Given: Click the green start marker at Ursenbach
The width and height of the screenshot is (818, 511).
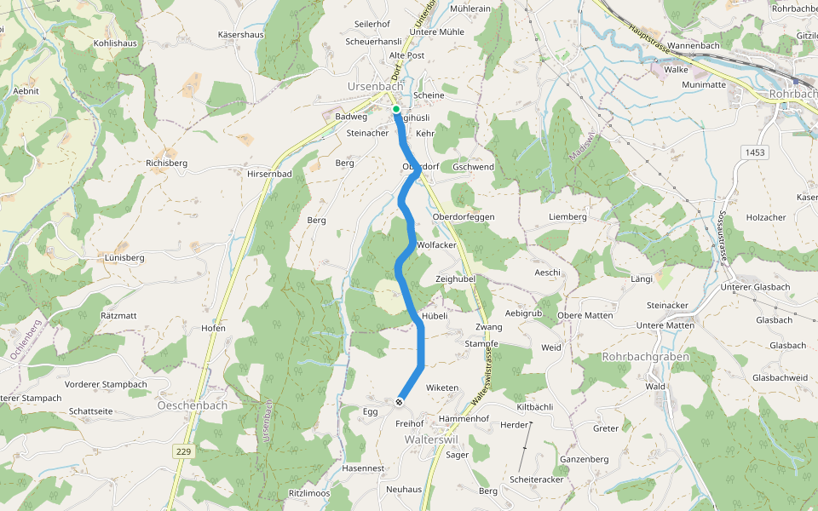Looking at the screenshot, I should [396, 109].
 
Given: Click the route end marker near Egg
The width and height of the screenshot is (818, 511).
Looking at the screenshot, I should [399, 400].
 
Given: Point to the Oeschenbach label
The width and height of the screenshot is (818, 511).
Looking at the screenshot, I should [193, 405].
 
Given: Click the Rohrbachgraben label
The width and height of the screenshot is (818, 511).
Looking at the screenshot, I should [645, 357].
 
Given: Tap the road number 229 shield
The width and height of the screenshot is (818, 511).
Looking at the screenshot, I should [183, 450].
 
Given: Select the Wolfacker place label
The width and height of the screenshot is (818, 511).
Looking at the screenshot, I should [437, 245].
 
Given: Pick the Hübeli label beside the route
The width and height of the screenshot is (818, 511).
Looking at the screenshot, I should [435, 315].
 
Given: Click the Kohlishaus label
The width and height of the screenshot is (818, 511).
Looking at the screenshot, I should [115, 43].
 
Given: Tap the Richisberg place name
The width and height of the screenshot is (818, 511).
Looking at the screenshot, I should [166, 162].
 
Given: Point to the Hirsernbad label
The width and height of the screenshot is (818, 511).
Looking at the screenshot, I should [269, 174].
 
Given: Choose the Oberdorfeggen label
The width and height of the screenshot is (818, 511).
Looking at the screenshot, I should [464, 217].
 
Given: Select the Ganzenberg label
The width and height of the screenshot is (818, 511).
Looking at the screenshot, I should [584, 460].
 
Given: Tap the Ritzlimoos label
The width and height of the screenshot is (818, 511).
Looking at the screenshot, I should [309, 494].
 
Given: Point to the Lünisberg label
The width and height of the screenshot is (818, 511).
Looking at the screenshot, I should [124, 257].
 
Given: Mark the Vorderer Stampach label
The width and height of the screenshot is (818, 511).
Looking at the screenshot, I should [106, 384].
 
